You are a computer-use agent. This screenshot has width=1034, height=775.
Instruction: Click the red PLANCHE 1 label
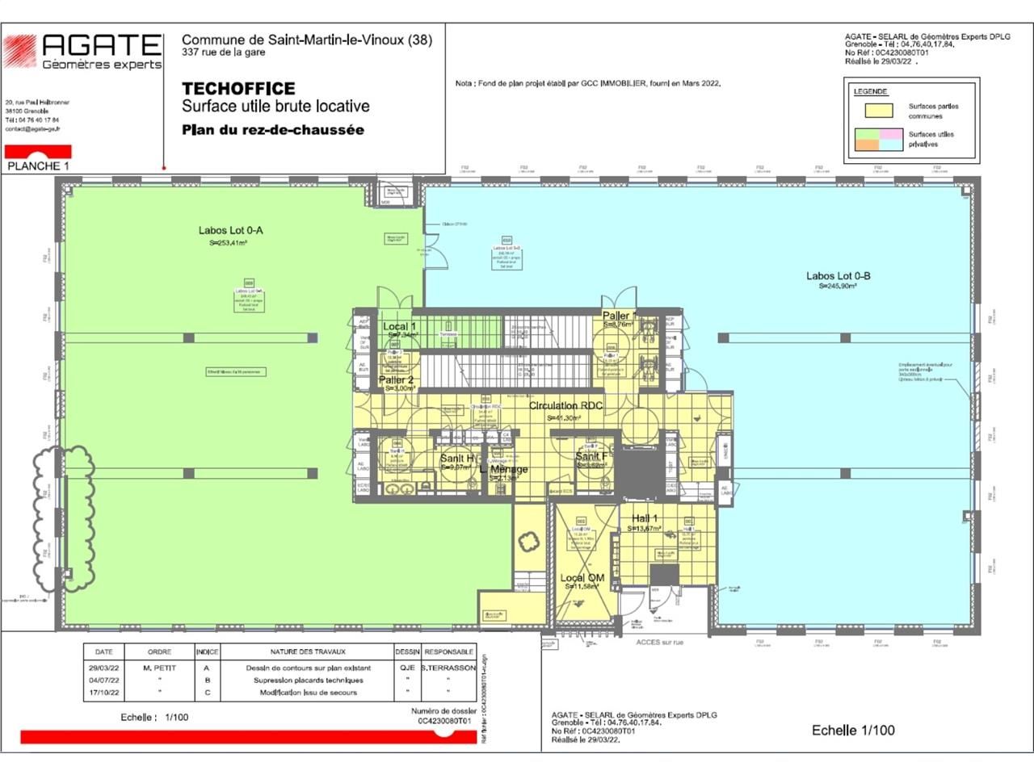(x=38, y=165)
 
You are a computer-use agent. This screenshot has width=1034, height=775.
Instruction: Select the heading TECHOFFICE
(x=238, y=89)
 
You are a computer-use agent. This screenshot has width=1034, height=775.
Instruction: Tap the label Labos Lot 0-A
(x=230, y=230)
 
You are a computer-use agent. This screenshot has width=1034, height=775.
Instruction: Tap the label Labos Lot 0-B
(x=838, y=276)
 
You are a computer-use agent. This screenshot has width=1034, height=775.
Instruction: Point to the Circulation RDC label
(x=565, y=405)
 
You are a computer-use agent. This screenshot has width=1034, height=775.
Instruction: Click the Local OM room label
(x=582, y=578)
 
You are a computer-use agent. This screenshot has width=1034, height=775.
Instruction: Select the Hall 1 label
(x=644, y=518)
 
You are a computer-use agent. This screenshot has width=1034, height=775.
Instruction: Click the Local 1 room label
(x=399, y=326)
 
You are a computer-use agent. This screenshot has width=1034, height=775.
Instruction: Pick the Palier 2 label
(x=396, y=379)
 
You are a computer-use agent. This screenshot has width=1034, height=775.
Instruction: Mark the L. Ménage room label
(x=503, y=469)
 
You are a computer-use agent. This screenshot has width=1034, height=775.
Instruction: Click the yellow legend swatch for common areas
(x=873, y=111)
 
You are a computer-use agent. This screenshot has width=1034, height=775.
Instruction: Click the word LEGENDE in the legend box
(x=870, y=91)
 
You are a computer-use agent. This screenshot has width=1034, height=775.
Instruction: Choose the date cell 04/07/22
(x=103, y=680)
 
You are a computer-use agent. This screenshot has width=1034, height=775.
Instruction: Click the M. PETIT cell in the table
(x=159, y=668)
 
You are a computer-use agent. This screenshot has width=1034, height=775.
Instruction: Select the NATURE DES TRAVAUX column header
(x=308, y=651)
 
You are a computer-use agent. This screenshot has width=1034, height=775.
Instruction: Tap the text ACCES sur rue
(x=659, y=642)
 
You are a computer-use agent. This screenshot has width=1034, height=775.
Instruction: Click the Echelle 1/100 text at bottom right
(x=853, y=730)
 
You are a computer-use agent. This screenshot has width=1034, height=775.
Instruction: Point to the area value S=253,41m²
(x=228, y=242)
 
